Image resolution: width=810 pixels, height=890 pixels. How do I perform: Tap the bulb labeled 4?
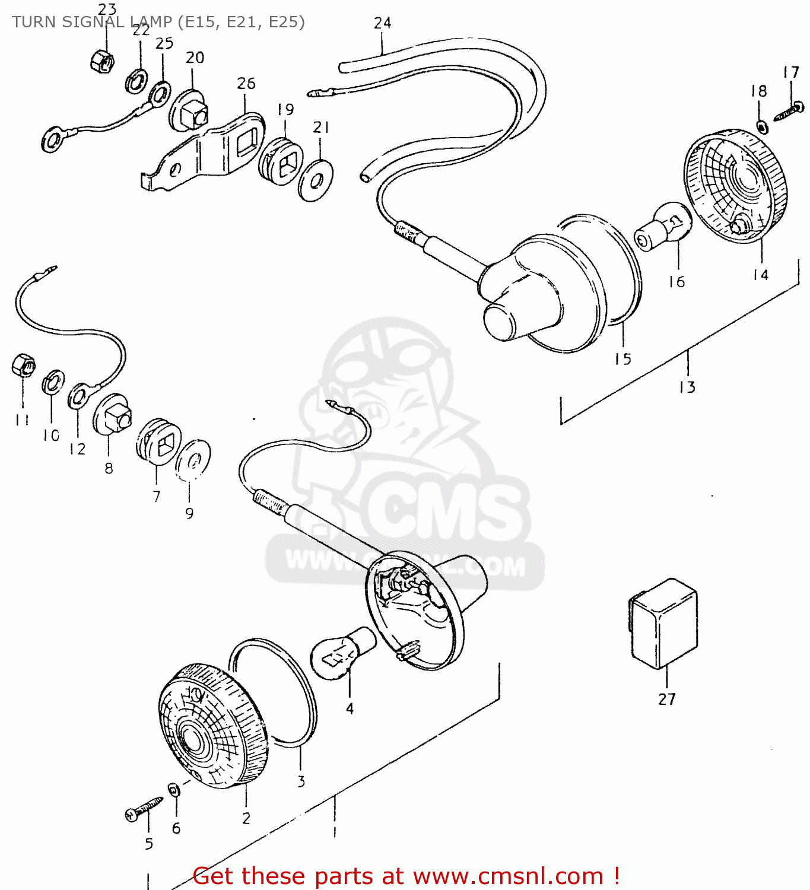[342, 652]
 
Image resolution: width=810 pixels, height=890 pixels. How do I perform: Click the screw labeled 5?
[144, 809]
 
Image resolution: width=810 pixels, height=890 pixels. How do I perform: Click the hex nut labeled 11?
[24, 365]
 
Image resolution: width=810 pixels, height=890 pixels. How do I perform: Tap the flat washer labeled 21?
[315, 179]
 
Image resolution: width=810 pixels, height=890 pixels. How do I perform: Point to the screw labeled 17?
[790, 110]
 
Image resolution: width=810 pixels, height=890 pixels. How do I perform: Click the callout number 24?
[382, 23]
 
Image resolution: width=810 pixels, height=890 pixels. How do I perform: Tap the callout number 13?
[687, 387]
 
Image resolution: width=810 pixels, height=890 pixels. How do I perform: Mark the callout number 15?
[622, 359]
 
